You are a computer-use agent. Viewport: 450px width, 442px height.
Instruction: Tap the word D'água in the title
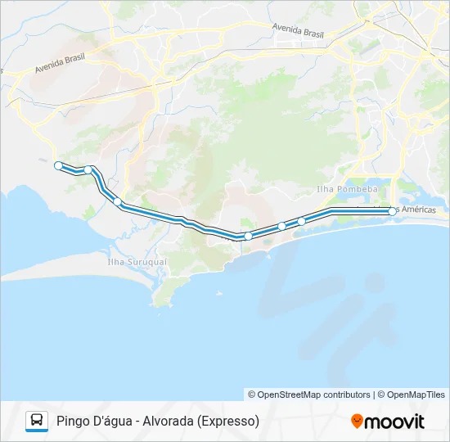click(114, 422)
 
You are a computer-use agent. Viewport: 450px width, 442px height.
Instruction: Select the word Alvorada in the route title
click(169, 422)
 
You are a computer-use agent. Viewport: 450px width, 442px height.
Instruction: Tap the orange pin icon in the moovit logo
click(357, 422)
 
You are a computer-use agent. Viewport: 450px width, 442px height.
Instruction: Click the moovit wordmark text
click(395, 422)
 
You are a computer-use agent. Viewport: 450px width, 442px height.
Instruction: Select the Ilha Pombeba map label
click(347, 189)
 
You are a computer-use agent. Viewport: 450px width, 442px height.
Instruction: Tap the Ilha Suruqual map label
click(137, 262)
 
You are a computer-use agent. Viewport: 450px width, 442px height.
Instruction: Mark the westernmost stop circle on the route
click(58, 165)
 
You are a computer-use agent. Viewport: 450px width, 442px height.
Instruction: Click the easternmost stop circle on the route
click(393, 211)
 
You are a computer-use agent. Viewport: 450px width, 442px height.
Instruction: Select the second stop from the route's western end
click(88, 170)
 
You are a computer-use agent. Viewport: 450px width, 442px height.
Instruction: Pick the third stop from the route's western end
click(118, 201)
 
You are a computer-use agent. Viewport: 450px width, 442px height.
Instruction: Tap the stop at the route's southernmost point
click(248, 236)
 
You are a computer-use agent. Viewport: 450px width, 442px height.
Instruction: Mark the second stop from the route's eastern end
click(301, 221)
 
